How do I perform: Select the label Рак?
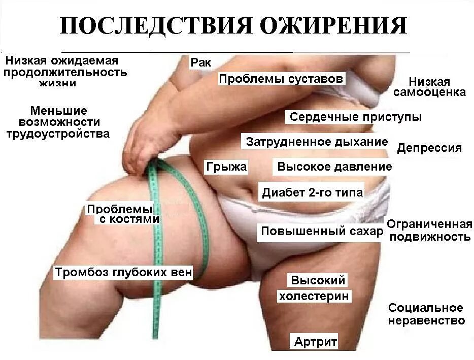(x=200, y=63)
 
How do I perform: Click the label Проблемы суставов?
(x=281, y=79)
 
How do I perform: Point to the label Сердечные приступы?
(x=355, y=117)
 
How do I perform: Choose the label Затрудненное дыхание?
(x=317, y=142)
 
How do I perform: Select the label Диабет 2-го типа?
(x=312, y=192)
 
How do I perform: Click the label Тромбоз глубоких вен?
(x=123, y=273)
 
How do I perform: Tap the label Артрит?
(x=315, y=342)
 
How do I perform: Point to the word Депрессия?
(x=429, y=148)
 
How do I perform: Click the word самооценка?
(x=429, y=92)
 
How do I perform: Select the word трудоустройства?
(x=57, y=134)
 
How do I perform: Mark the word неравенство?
(x=426, y=321)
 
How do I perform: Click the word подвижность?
(x=430, y=237)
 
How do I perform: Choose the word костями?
(x=135, y=220)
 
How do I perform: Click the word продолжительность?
(x=65, y=72)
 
